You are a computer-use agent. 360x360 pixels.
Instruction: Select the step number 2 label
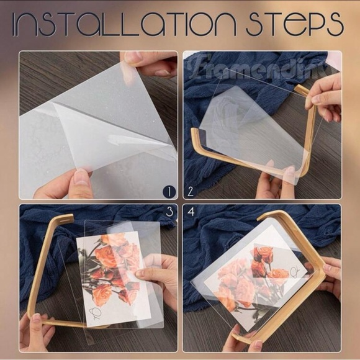pos(191,191)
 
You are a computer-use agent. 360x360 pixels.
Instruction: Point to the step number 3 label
pos(169,213)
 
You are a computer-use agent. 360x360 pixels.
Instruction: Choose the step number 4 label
pos(191,213)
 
